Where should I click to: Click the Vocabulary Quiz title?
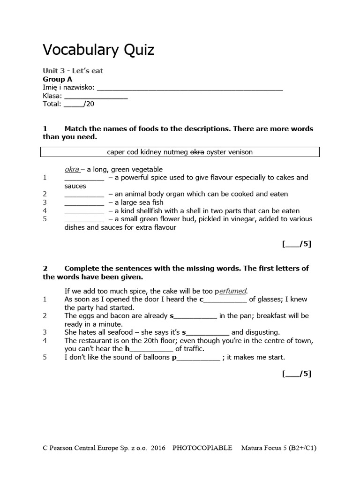point(98,50)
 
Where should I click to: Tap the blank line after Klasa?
point(96,97)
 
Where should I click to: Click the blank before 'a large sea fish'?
point(84,202)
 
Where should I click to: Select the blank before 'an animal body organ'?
point(84,194)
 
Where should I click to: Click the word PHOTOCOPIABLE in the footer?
point(202,448)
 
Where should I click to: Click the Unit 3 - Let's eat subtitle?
point(73,71)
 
